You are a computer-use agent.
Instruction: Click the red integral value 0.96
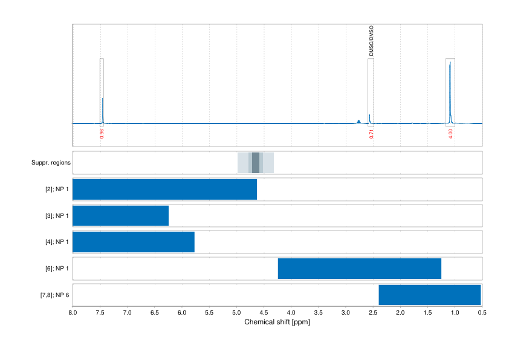click(102, 133)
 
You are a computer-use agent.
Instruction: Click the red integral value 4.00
click(450, 133)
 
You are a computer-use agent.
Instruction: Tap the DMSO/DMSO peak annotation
click(371, 41)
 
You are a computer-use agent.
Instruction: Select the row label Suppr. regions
click(51, 163)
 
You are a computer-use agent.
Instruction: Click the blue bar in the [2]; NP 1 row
click(164, 189)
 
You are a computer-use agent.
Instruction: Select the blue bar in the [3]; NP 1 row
click(120, 216)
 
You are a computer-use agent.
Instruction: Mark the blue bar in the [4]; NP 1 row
click(134, 242)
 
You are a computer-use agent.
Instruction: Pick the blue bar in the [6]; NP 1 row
click(360, 269)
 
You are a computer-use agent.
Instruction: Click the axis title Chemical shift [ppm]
click(277, 322)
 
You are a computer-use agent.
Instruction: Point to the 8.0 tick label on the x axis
click(73, 313)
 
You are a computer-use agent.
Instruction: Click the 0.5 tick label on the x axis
click(482, 313)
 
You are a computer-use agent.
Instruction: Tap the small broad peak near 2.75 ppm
click(359, 121)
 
